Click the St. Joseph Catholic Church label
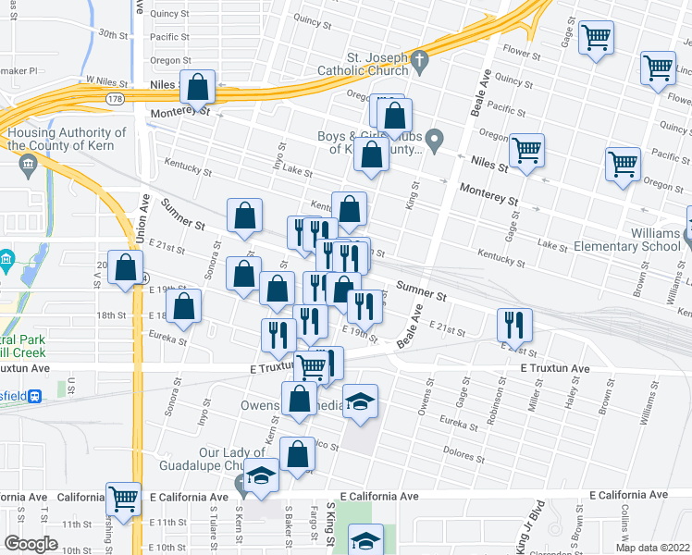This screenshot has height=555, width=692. [x=362, y=63]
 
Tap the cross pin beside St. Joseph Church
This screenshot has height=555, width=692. [x=419, y=63]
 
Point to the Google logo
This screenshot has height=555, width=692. [x=31, y=543]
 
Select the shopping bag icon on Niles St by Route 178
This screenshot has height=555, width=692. [x=198, y=87]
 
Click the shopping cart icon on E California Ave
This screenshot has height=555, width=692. [x=123, y=498]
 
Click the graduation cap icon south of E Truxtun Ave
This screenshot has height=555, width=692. [x=361, y=401]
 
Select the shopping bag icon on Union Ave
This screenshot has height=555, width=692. [x=123, y=267]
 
